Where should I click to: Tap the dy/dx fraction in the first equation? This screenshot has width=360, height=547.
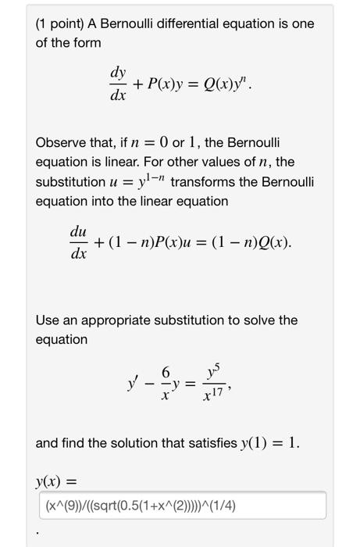[118, 83]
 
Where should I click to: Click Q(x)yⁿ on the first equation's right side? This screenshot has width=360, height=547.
[223, 84]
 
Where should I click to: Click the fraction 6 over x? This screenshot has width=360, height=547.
[164, 386]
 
